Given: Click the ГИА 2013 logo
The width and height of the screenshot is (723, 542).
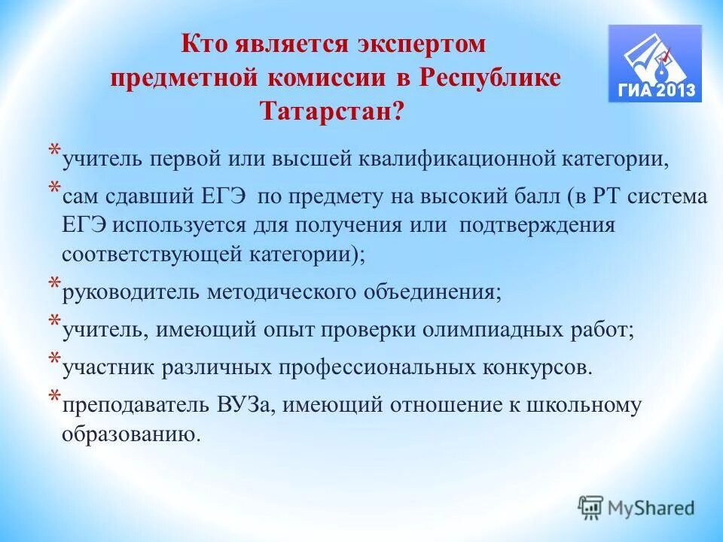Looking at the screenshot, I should pos(655,63).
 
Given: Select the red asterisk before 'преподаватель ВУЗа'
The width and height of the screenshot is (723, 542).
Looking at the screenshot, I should pos(56,397).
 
